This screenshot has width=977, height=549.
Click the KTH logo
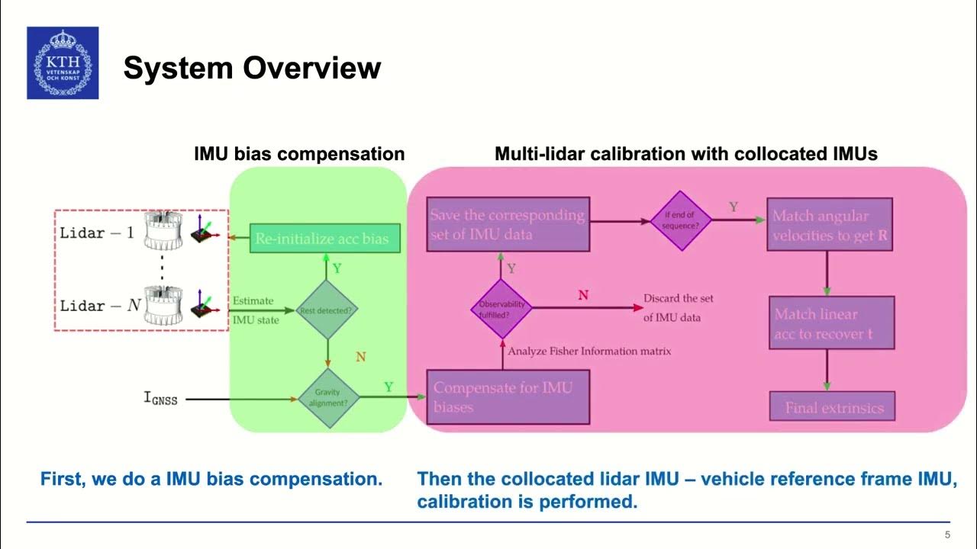click(63, 63)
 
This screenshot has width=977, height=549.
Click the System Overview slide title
click(252, 69)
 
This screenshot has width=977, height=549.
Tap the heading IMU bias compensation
click(299, 154)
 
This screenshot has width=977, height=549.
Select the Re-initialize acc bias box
click(321, 239)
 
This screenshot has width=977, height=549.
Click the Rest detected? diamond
click(327, 310)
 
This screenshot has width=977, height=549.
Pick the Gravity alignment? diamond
click(328, 397)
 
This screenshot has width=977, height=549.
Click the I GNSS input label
click(161, 397)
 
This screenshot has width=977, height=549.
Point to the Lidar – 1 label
click(97, 233)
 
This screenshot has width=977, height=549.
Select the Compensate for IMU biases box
click(508, 396)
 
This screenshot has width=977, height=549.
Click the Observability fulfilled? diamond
click(501, 309)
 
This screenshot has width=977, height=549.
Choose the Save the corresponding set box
click(508, 225)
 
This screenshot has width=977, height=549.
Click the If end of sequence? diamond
click(681, 220)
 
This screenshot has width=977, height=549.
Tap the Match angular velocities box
click(830, 225)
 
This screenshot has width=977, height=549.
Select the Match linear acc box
click(830, 323)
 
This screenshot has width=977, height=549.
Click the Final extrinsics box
click(834, 408)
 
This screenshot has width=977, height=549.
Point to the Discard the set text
click(679, 307)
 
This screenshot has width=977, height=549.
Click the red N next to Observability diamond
click(583, 294)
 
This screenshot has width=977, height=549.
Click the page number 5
click(947, 535)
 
